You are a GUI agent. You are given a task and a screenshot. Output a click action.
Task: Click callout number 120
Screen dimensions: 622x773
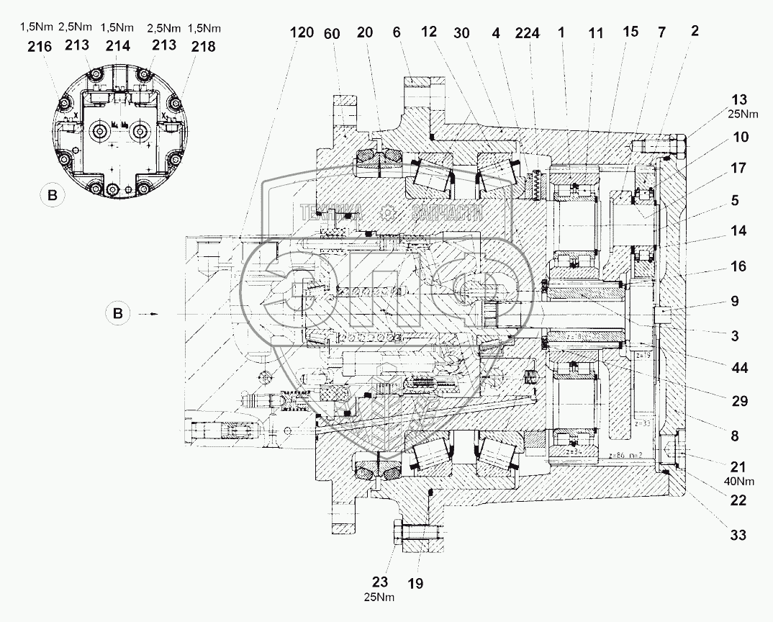303,33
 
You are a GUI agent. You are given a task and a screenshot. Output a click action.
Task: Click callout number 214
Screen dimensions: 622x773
118,46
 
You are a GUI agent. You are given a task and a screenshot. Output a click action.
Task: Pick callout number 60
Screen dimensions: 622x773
332,33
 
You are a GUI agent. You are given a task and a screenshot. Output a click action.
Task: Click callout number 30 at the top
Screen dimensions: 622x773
464,33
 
